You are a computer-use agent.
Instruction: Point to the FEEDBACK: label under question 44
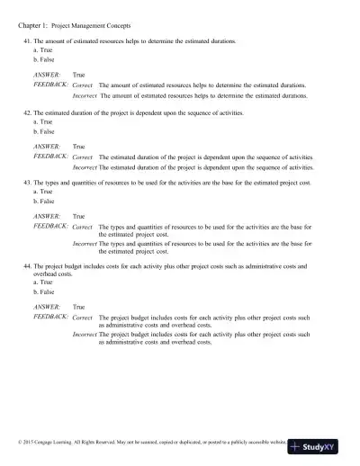[50, 317]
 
